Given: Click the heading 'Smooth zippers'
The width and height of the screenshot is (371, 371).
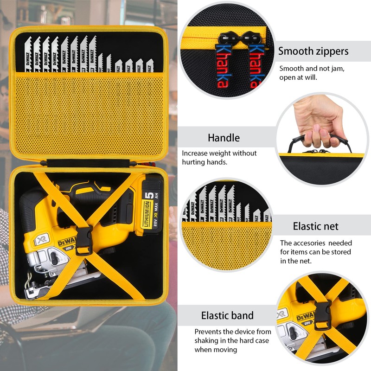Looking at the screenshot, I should coord(313,51).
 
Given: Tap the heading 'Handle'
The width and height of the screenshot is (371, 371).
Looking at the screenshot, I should coord(224,138).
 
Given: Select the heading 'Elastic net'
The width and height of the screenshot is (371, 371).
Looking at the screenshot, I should coord(315,226).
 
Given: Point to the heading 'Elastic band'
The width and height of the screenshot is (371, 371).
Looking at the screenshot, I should coord(227,316).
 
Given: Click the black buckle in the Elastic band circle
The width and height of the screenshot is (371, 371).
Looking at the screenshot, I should coord(321,315).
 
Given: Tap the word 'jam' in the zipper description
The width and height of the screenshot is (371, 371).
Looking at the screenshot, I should coord(337,69).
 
